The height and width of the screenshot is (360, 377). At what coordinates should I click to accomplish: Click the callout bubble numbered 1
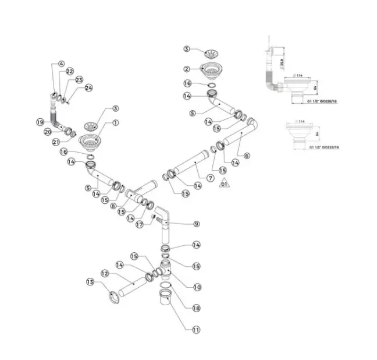(x=115, y=123)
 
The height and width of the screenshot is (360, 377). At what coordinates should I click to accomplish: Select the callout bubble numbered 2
(x=187, y=68)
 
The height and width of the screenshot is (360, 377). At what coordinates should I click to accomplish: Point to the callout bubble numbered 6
(x=247, y=156)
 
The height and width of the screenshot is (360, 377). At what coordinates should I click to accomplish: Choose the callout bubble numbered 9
(x=197, y=224)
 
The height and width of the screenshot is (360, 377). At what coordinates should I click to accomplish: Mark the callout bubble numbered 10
(x=197, y=287)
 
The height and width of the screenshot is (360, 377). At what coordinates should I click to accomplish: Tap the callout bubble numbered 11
(x=196, y=330)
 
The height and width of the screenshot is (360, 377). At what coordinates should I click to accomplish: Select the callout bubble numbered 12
(x=105, y=273)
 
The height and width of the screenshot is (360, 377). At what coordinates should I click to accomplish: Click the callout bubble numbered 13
(x=90, y=282)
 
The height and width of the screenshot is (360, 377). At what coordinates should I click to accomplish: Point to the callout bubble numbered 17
(x=139, y=224)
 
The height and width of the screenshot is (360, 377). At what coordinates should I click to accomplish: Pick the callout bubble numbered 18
(x=197, y=308)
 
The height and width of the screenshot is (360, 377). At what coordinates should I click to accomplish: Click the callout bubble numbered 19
(x=40, y=122)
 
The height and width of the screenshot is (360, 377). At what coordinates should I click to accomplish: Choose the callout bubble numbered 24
(x=88, y=88)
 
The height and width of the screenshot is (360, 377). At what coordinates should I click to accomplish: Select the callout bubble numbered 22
(x=70, y=71)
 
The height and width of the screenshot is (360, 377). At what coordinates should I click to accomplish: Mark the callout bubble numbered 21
(x=56, y=142)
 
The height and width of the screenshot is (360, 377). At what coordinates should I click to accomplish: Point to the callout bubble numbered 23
(x=80, y=79)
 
